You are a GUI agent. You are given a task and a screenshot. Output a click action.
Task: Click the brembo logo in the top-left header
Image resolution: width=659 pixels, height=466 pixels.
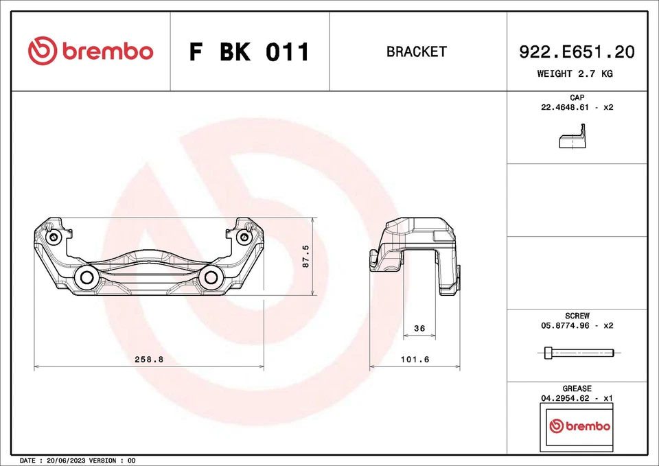coord(91,51)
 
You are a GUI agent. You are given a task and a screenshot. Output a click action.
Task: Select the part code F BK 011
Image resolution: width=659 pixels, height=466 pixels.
coord(249,52)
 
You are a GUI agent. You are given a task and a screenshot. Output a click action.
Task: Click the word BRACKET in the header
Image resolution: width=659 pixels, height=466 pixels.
coord(416,51)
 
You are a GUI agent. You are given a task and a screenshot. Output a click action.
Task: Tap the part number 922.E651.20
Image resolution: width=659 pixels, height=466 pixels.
coord(575,51)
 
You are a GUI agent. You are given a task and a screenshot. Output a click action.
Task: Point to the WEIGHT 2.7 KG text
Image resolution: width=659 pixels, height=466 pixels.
coord(575,73)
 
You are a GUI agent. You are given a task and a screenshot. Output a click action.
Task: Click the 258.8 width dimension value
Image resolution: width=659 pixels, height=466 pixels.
coord(149,359)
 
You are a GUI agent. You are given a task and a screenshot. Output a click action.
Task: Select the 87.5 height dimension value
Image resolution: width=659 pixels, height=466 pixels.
coord(306,257)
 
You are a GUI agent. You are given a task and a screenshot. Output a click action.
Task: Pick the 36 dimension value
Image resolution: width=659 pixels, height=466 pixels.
coord(420,329)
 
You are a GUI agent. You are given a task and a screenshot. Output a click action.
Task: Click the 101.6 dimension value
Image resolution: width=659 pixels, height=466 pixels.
coord(415,359)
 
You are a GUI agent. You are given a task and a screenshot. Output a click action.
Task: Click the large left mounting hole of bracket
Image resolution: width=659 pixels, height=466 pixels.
coord(87,277)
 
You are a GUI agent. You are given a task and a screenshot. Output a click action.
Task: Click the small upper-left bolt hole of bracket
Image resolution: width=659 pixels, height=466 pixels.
coord(54,237)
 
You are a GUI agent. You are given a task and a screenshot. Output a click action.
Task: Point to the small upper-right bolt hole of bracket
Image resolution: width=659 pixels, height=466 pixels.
coord(243,237)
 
